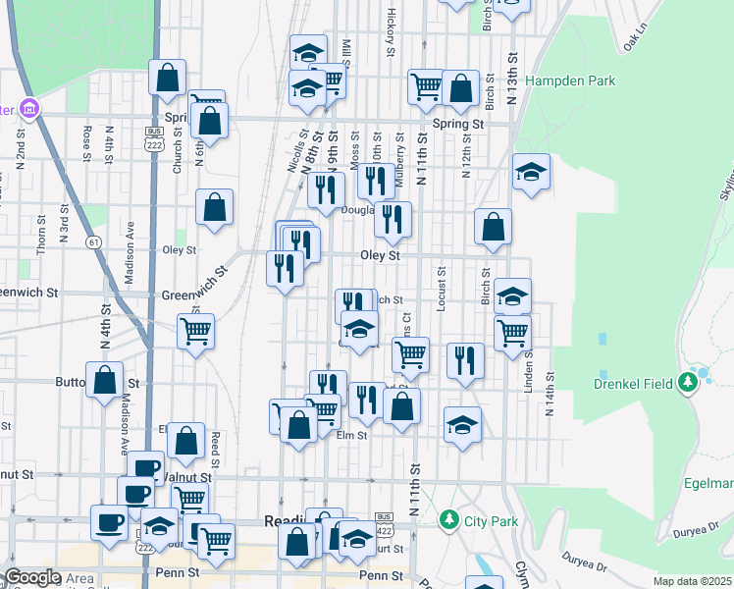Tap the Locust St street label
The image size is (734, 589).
click(443, 289)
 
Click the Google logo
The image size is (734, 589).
click(32, 577)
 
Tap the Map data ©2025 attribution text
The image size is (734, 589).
click(692, 581)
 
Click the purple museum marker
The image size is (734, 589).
click(27, 107)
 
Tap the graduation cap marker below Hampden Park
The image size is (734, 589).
click(531, 173)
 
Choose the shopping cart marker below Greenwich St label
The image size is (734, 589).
click(196, 332)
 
